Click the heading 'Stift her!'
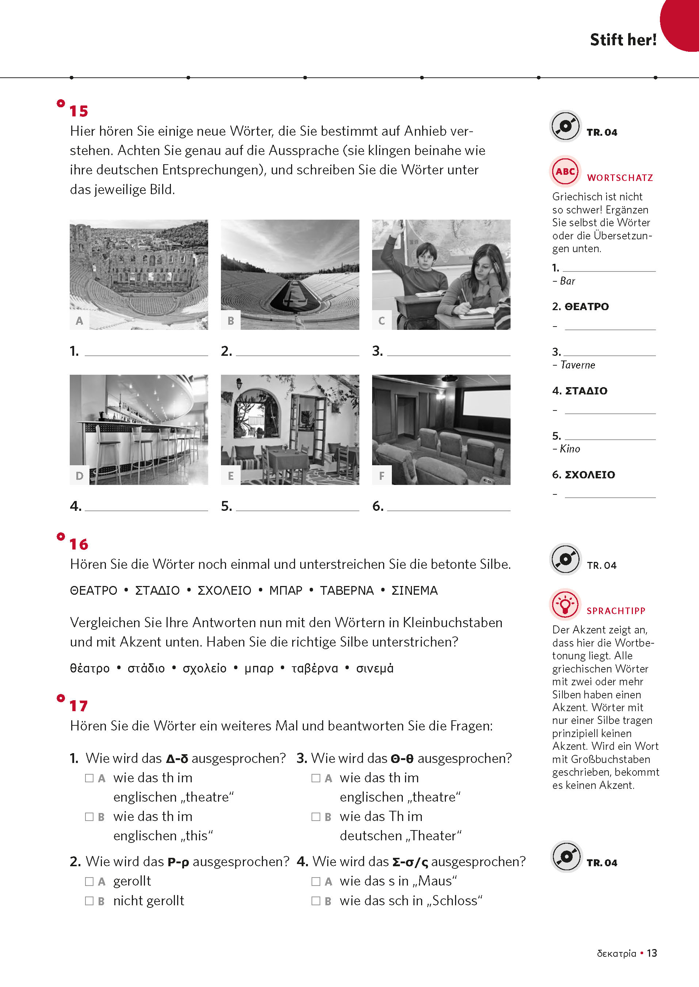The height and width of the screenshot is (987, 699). click(623, 39)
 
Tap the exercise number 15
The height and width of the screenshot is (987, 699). click(79, 111)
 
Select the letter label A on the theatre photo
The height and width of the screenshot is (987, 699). click(79, 320)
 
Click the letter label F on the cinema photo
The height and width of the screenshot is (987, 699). click(381, 476)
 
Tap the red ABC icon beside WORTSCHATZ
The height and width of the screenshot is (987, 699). click(565, 171)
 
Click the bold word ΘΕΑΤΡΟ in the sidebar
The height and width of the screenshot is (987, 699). click(586, 306)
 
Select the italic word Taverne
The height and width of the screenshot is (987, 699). click(578, 365)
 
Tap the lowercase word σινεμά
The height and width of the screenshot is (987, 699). click(374, 668)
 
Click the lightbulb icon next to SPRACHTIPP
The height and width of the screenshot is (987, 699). click(565, 604)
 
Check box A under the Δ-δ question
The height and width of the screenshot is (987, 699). click(89, 778)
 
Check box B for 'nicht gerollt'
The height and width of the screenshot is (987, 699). click(89, 901)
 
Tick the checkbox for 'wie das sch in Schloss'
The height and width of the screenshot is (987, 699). click(316, 901)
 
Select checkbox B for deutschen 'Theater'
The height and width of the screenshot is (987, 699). click(316, 817)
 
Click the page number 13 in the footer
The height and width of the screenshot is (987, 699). click(652, 953)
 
